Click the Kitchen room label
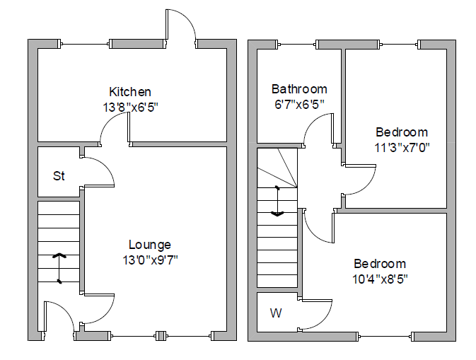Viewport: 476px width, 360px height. (130, 92)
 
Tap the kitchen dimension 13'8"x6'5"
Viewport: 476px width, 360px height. (130, 108)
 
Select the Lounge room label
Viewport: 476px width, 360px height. (149, 245)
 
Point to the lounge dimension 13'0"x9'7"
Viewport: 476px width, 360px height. (149, 260)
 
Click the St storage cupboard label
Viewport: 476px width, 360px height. (59, 175)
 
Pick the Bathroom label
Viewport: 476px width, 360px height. (299, 89)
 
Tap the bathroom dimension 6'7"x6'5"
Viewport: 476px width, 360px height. (299, 104)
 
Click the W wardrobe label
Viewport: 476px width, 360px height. (275, 313)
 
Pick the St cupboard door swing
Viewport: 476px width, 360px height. (99, 170)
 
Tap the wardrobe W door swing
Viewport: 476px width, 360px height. (317, 315)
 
